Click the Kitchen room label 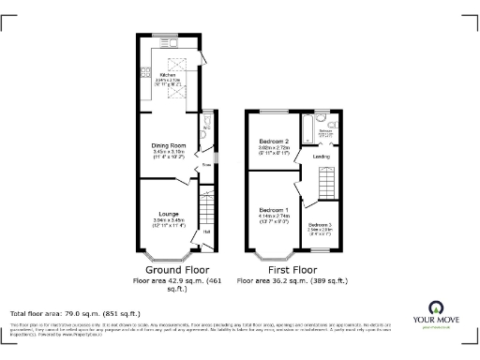pyautogui.click(x=170, y=74)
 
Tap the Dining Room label pyautogui.click(x=171, y=145)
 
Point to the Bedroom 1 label pyautogui.click(x=274, y=208)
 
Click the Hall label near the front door pyautogui.click(x=206, y=231)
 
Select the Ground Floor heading pyautogui.click(x=169, y=268)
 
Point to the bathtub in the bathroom pyautogui.click(x=307, y=122)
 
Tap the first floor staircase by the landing pyautogui.click(x=327, y=180)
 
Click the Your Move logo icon pyautogui.click(x=436, y=309)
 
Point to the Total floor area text pyautogui.click(x=75, y=313)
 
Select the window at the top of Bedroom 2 pyautogui.click(x=273, y=112)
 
